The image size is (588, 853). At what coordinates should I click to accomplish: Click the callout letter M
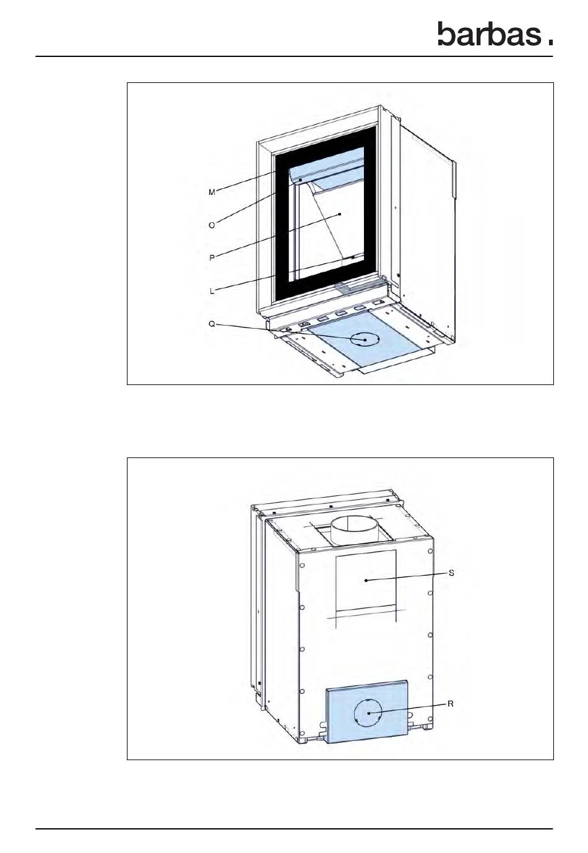coord(212,193)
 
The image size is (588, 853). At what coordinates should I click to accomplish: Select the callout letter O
coord(212,226)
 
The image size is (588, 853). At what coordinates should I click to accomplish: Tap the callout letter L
coord(212,291)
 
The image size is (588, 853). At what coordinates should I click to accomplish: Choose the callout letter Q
coord(212,324)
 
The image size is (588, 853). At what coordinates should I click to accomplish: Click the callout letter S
coord(451,573)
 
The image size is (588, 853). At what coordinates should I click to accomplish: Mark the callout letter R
coord(451,704)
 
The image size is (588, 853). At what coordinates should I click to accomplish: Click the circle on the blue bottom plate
coord(363,339)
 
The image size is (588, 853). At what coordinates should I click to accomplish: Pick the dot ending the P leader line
coord(340,214)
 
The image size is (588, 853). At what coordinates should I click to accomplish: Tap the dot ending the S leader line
coord(366,580)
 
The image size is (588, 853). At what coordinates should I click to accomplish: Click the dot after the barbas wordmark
coord(550,42)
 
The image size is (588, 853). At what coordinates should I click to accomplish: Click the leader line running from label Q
coord(291,332)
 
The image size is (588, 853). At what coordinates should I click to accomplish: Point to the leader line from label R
coord(409,709)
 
